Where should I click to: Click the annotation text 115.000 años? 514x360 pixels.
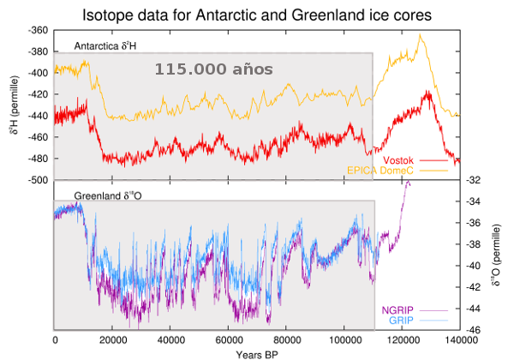tap(213, 68)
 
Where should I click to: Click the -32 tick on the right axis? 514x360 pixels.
tap(475, 180)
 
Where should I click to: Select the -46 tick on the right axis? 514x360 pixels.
tap(475, 330)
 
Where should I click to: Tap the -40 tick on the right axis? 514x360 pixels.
tap(475, 266)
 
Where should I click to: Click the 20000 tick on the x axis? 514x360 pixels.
tap(112, 340)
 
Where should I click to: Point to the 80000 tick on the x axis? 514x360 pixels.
tap(286, 340)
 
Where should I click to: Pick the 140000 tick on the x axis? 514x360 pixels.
tap(460, 340)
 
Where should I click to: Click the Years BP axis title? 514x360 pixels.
tap(257, 352)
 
